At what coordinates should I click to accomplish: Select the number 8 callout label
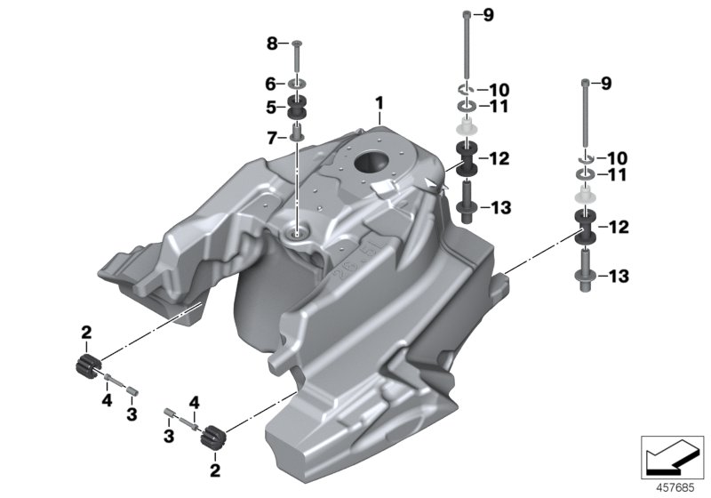(273, 43)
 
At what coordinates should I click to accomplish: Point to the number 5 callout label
(273, 108)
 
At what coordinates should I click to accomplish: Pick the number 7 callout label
(273, 137)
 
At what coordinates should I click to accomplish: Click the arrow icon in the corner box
(673, 457)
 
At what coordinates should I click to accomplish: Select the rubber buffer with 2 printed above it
(86, 365)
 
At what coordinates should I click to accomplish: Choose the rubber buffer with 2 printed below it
(212, 438)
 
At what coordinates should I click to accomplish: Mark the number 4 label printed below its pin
(105, 399)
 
